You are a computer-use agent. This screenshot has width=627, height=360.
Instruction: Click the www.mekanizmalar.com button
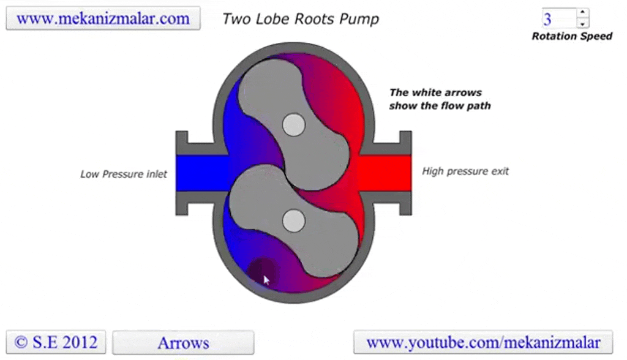[103, 18]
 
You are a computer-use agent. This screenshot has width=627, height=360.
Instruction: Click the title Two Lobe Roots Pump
[300, 19]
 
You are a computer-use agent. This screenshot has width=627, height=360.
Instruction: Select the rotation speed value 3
[558, 18]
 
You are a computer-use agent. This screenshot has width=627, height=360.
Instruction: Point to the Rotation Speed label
[571, 36]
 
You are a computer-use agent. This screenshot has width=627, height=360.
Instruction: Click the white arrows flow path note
[440, 99]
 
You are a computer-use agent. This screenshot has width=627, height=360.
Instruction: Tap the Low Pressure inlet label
[124, 174]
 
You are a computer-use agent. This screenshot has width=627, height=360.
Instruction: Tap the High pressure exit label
[465, 171]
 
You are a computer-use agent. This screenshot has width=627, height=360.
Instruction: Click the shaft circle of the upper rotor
[294, 126]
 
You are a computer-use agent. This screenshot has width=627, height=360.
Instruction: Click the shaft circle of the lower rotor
[294, 220]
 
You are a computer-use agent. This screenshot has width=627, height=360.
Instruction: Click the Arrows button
[183, 342]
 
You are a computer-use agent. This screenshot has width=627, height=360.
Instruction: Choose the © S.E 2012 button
[56, 342]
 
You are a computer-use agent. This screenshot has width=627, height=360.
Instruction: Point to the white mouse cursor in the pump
[266, 280]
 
